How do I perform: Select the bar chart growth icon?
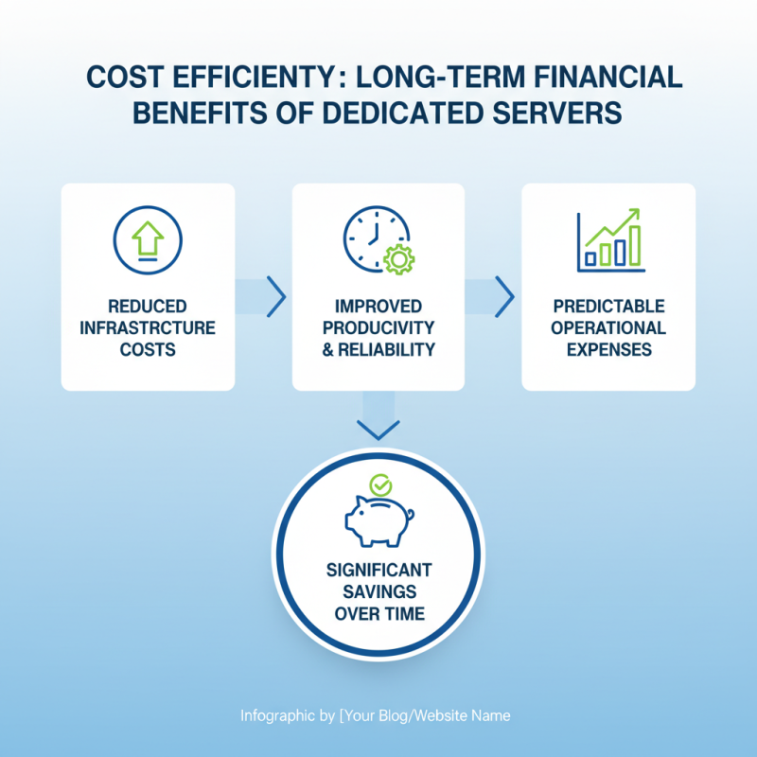[x=610, y=241]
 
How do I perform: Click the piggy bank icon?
[x=378, y=519]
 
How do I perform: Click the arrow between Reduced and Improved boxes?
[x=274, y=297]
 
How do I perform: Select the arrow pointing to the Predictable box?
[x=503, y=297]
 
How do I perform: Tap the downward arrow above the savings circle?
[x=378, y=424]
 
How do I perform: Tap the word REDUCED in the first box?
[x=147, y=307]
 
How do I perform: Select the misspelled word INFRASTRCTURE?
[x=147, y=328]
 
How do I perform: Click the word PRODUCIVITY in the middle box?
[x=378, y=328]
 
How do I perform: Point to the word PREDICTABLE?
[x=608, y=307]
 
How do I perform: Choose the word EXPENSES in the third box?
[x=608, y=349]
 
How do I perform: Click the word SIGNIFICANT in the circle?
[x=378, y=571]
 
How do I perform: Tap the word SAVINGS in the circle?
[x=378, y=592]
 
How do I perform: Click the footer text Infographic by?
[x=287, y=715]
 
